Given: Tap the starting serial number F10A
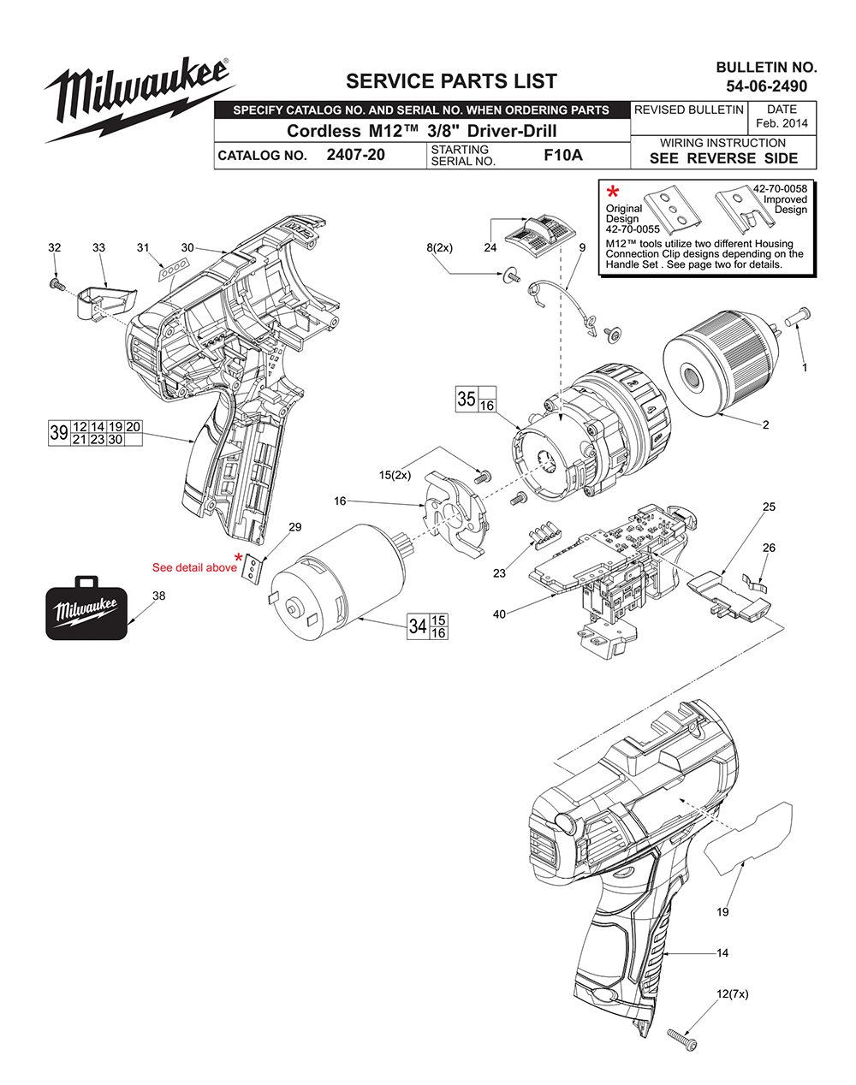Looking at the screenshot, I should pyautogui.click(x=562, y=156).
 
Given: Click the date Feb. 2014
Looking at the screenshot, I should pyautogui.click(x=782, y=123).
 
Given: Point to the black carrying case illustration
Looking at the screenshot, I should pyautogui.click(x=86, y=609).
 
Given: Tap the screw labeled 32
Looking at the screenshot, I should pyautogui.click(x=56, y=282).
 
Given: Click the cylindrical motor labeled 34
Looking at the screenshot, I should pyautogui.click(x=338, y=573).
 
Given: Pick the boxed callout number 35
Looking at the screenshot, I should pyautogui.click(x=467, y=399).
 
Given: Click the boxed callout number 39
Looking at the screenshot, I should pyautogui.click(x=58, y=432).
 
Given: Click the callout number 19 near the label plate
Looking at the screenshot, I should pyautogui.click(x=722, y=912).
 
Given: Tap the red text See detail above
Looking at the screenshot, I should pyautogui.click(x=194, y=567).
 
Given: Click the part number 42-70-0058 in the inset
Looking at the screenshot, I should pyautogui.click(x=780, y=188).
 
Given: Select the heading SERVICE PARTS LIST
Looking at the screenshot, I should pyautogui.click(x=451, y=81).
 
